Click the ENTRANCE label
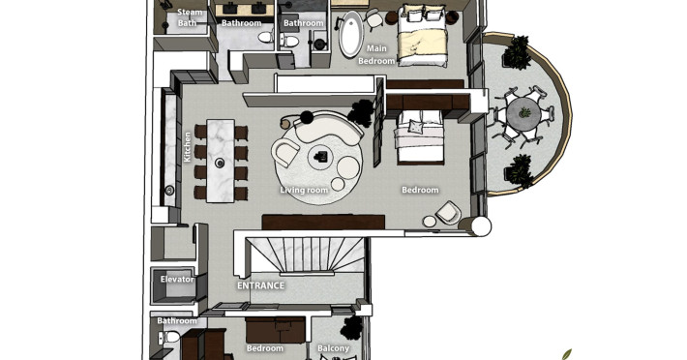pos(260,285)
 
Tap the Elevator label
pos(177,279)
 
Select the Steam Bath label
pos(188,17)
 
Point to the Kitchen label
pos(187,147)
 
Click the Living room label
pos(304,190)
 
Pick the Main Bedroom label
pos(376,55)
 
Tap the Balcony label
pos(334,348)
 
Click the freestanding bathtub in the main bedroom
pos(351,34)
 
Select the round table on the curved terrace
pos(523,113)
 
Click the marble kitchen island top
pos(220,161)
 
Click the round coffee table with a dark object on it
pos(321,157)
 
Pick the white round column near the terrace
pos(481,226)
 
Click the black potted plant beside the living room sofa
pos(361,112)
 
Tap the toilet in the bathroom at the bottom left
pos(169,337)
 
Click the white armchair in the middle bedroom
pos(448,213)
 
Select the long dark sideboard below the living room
pos(323,222)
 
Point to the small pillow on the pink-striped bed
pos(415,127)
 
